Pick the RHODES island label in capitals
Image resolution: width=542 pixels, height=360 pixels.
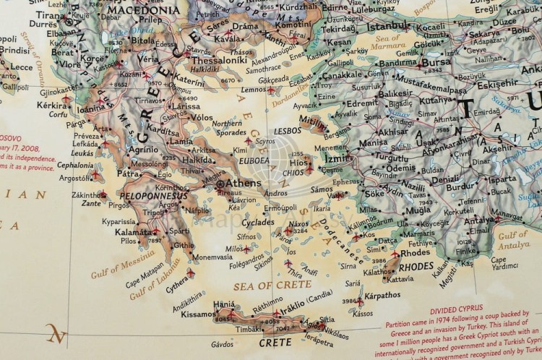417,266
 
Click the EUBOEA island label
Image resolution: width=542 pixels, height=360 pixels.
255,160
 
